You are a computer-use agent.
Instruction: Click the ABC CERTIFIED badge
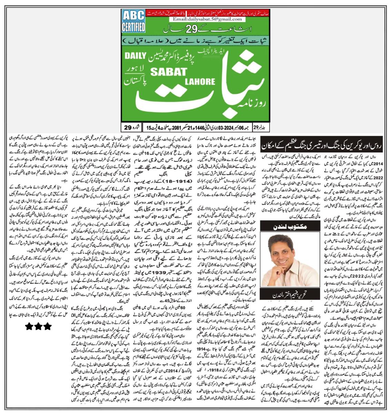133,22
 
